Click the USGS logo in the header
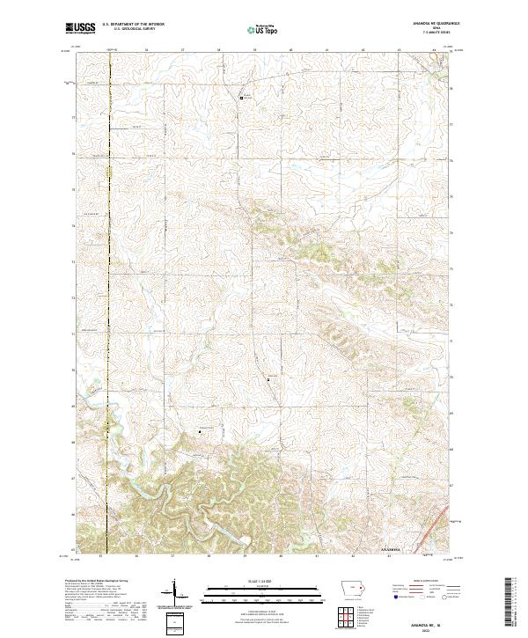pos(80,28)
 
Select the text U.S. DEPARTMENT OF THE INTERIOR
pos(133,25)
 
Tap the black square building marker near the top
pos(242,98)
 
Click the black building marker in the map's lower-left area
pos(199,431)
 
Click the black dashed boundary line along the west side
pos(108,264)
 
